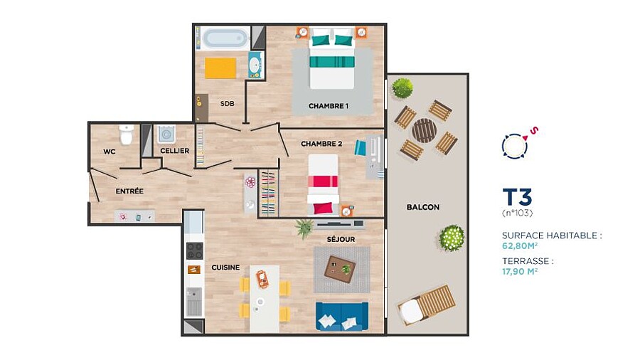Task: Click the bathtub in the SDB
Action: pyautogui.click(x=224, y=38)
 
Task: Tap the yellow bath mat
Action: pyautogui.click(x=220, y=68)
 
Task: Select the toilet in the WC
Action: pyautogui.click(x=126, y=134)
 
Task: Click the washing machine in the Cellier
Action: pyautogui.click(x=166, y=134)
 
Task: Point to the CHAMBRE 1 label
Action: pyautogui.click(x=329, y=106)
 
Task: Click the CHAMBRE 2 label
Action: pyautogui.click(x=321, y=144)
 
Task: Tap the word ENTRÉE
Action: pyautogui.click(x=129, y=191)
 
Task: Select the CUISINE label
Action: pyautogui.click(x=225, y=268)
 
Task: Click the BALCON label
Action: pyautogui.click(x=423, y=207)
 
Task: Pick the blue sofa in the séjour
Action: pyautogui.click(x=342, y=316)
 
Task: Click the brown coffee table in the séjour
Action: pyautogui.click(x=340, y=270)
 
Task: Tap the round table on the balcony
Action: pyautogui.click(x=424, y=131)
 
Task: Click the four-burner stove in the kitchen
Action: pyautogui.click(x=194, y=251)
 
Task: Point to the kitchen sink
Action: pyautogui.click(x=194, y=302)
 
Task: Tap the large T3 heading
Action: pyautogui.click(x=518, y=197)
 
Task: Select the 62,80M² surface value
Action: pyautogui.click(x=520, y=245)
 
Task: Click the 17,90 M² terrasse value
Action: pyautogui.click(x=520, y=271)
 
